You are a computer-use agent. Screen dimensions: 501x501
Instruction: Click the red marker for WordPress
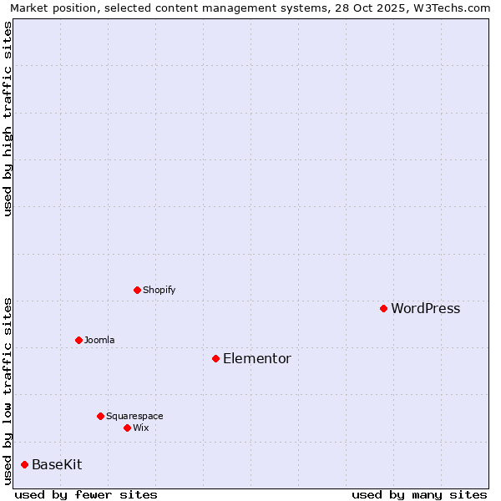click(x=383, y=309)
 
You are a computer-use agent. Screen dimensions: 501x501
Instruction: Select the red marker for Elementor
click(x=215, y=359)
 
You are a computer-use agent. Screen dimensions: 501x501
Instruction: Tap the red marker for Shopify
click(x=137, y=291)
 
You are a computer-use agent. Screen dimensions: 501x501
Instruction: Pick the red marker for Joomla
click(x=78, y=341)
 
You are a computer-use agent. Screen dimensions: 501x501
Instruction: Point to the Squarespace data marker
click(x=100, y=416)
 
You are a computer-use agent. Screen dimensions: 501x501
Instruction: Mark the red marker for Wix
click(x=127, y=428)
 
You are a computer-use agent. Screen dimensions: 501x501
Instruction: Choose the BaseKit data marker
click(x=24, y=465)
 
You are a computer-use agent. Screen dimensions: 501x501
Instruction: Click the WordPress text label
click(x=425, y=309)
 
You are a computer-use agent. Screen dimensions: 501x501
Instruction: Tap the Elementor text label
click(x=256, y=359)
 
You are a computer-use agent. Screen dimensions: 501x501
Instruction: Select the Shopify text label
click(x=159, y=291)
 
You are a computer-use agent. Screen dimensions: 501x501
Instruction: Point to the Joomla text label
click(x=99, y=341)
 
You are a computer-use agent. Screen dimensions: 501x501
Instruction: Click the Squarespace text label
click(x=134, y=416)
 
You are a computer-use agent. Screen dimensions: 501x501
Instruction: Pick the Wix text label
click(x=140, y=428)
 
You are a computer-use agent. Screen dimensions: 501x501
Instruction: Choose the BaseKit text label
click(x=57, y=465)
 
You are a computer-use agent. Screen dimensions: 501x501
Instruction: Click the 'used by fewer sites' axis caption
click(x=86, y=494)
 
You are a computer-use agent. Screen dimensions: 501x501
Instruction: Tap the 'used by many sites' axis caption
click(x=419, y=494)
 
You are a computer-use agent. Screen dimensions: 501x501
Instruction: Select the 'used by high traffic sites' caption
click(x=8, y=119)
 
